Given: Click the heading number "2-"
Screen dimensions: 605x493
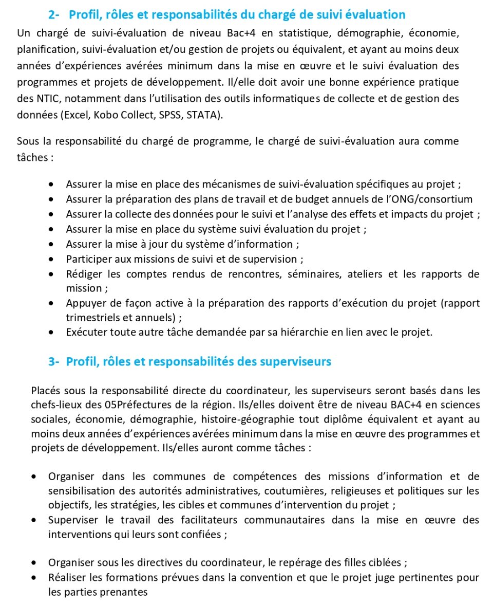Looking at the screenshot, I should tap(55, 15).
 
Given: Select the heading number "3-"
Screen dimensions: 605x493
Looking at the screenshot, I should tap(55, 361).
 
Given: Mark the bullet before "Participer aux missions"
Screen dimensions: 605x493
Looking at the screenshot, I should tap(51, 260).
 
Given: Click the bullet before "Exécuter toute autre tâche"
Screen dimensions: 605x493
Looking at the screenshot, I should tap(51, 333).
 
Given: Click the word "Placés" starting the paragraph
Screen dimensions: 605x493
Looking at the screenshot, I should tap(47, 390).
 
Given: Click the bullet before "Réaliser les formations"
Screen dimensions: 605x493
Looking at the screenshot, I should tap(33, 578).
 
